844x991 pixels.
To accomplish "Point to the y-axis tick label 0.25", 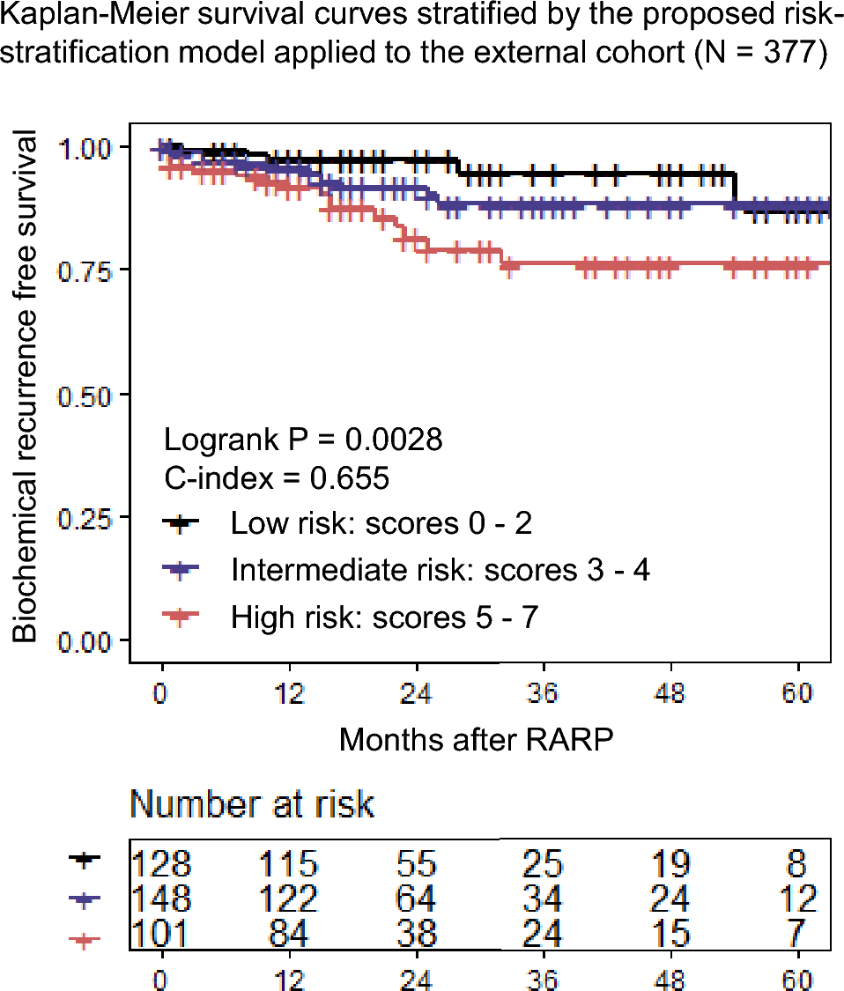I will [x=87, y=518].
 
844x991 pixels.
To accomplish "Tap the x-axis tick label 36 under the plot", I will [x=544, y=693].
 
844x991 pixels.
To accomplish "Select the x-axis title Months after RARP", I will [x=476, y=740].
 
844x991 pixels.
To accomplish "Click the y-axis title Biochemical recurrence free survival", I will [x=26, y=388].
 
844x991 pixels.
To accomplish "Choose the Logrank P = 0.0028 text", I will [x=303, y=440].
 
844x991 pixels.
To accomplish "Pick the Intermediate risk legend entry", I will [x=440, y=570].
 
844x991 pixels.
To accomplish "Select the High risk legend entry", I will [x=383, y=617].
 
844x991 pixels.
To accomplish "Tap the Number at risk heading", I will [x=252, y=804].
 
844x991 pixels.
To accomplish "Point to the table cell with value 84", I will [x=288, y=933].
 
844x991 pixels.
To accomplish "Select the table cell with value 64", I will [x=416, y=899].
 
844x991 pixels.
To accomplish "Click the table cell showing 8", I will [x=797, y=863].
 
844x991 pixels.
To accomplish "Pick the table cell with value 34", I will [x=543, y=899].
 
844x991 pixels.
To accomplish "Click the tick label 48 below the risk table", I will [x=671, y=979].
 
